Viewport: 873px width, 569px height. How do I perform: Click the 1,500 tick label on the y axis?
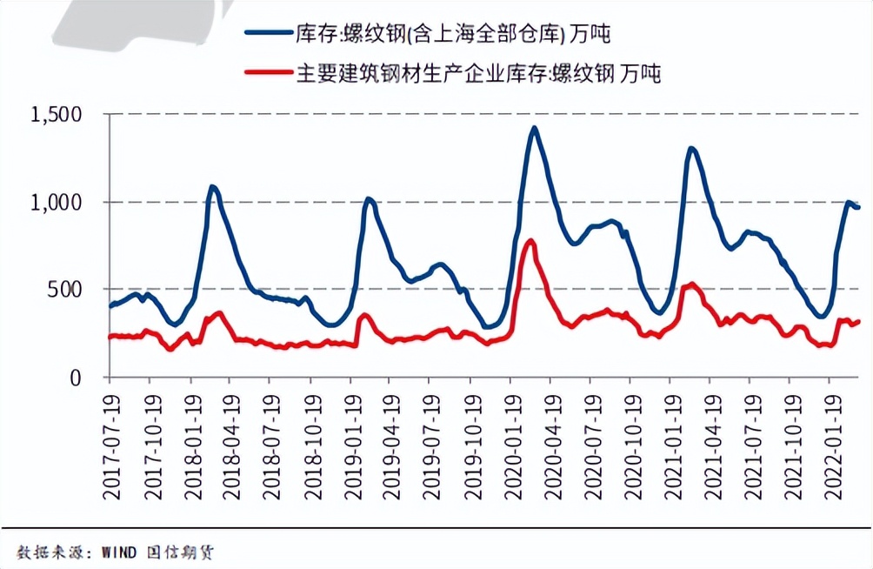tap(57, 115)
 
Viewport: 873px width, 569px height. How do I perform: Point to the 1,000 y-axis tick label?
tap(57, 202)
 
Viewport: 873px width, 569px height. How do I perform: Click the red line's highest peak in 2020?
tap(530, 241)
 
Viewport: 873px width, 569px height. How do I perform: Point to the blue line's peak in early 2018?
tap(212, 185)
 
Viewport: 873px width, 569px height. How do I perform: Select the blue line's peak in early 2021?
tap(691, 148)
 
